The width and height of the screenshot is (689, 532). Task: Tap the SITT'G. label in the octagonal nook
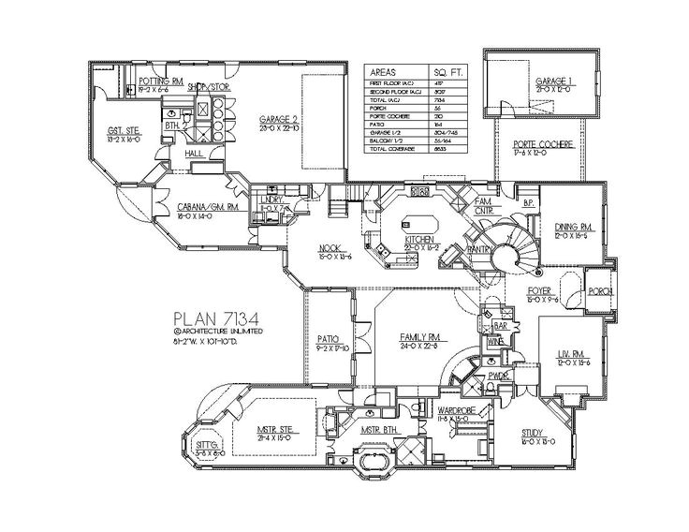(210, 444)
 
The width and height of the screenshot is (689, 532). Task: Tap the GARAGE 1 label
(553, 82)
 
